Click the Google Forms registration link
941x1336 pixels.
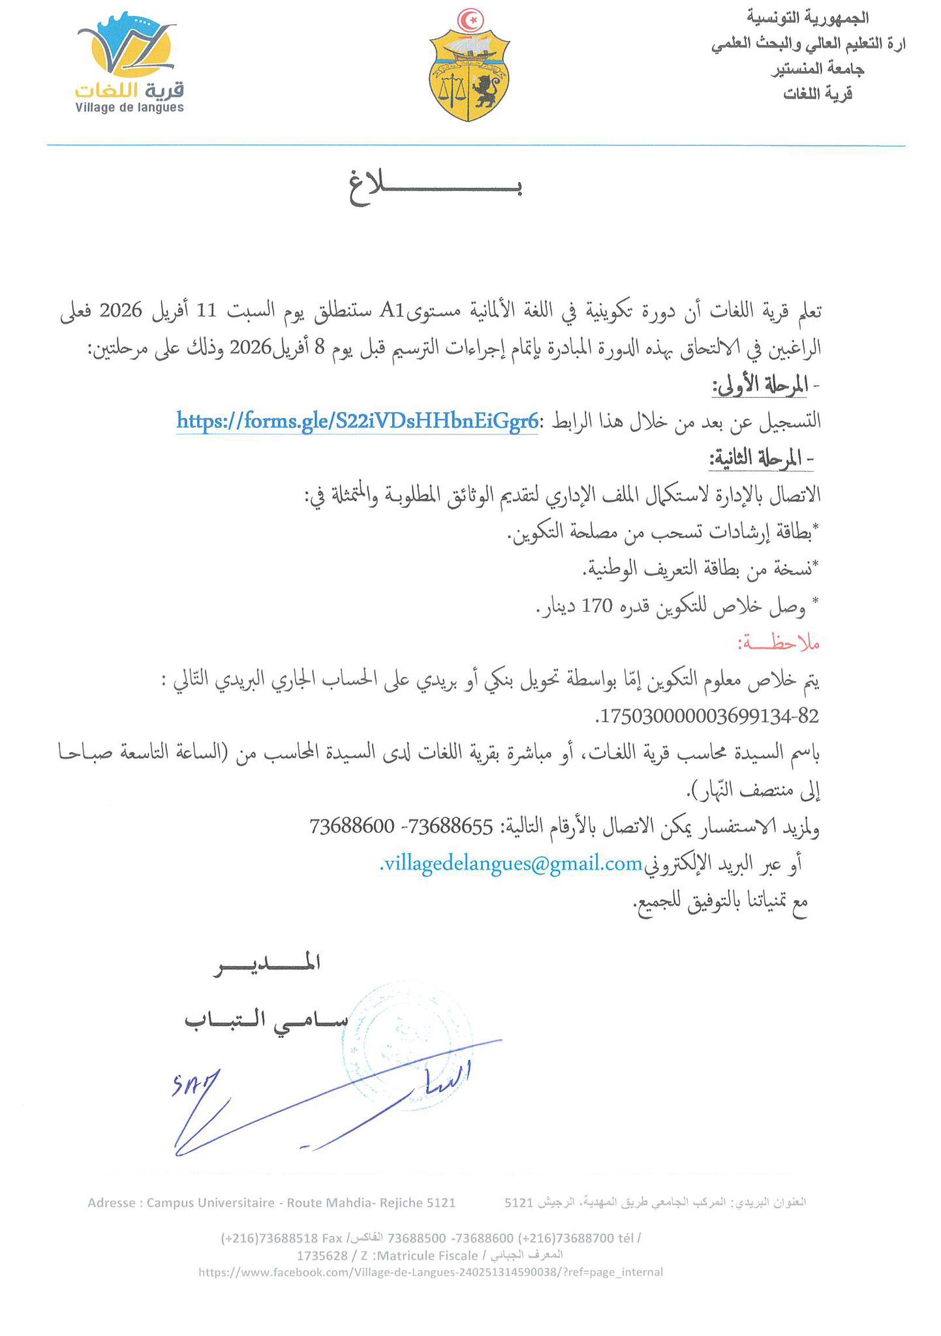(358, 421)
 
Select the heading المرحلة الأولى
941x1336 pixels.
(762, 386)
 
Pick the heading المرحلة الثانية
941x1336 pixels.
(760, 459)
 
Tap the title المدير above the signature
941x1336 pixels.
(267, 964)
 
